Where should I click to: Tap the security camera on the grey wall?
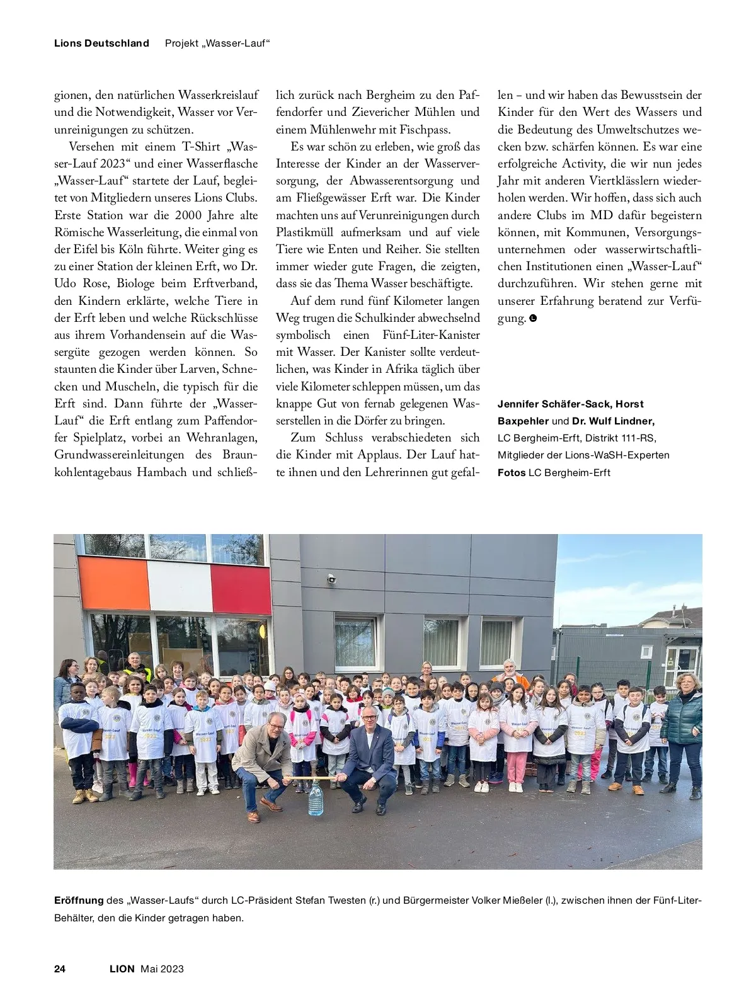(331, 578)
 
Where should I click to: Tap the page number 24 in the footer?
(60, 969)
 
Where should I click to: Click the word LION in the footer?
(122, 969)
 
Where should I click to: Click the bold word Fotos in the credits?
(512, 472)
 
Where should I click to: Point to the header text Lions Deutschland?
(101, 43)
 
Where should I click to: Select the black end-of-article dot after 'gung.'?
(534, 319)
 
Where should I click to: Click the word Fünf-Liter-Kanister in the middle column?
(431, 335)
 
